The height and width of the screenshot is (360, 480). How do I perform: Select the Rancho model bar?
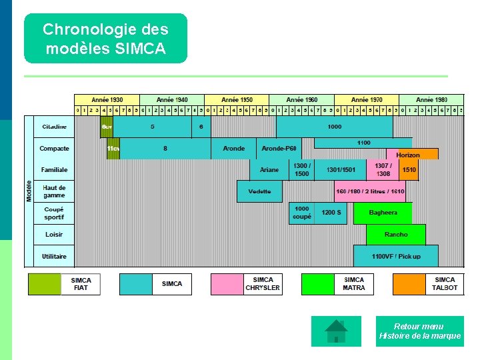[x=395, y=235]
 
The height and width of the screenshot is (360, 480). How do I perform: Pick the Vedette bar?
[x=259, y=191]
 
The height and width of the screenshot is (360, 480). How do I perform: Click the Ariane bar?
[x=269, y=170]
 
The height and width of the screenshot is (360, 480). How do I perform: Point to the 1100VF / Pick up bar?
[x=395, y=256]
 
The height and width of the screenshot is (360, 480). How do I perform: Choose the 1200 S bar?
[x=331, y=213]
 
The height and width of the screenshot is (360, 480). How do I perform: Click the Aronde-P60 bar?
[x=279, y=149]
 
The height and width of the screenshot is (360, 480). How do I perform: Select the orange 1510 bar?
[x=409, y=170]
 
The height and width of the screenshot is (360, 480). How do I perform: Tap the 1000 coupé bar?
[x=301, y=213]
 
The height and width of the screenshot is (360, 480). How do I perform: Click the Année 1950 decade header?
[x=237, y=99]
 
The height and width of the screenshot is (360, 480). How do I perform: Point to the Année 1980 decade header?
[x=431, y=99]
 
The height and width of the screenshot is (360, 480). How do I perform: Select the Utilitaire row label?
[x=54, y=256]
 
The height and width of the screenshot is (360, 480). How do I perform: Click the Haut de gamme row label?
[x=54, y=191]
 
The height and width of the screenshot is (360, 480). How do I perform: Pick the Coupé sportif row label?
[x=54, y=213]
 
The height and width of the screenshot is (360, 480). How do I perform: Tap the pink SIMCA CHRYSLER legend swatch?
[x=227, y=284]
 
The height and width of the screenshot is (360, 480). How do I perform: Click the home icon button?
[x=336, y=331]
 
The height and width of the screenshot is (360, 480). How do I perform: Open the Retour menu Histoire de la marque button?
[x=419, y=331]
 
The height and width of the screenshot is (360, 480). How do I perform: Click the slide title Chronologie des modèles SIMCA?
[x=105, y=39]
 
